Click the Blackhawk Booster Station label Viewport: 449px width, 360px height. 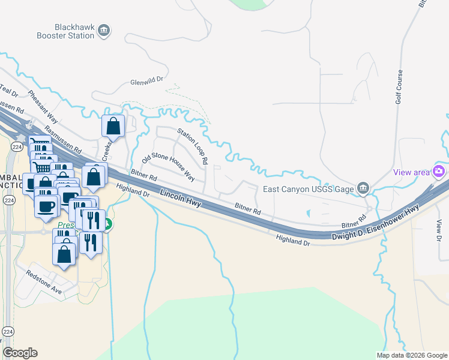point(74,31)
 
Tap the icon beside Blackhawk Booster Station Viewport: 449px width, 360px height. point(104,30)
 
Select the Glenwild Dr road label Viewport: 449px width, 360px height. point(147,83)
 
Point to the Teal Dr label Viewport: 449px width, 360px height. point(10,92)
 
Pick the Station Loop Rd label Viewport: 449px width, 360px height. point(192,145)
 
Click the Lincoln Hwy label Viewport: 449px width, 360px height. point(181,197)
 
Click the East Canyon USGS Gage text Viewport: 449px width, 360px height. point(309,189)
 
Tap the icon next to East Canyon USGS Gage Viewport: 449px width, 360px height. point(363,188)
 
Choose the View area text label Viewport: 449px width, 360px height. point(412,172)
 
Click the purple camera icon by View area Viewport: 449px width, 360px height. point(439,171)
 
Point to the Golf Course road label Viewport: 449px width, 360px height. point(400,88)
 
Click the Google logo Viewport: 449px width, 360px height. point(20,353)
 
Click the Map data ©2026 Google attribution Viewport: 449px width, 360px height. point(411,355)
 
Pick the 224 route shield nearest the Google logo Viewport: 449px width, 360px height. point(8,331)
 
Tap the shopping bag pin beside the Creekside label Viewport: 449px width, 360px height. point(113,126)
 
